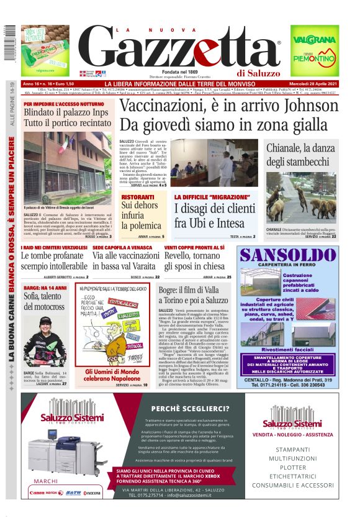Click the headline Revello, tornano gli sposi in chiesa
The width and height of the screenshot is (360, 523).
(x=199, y=261)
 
